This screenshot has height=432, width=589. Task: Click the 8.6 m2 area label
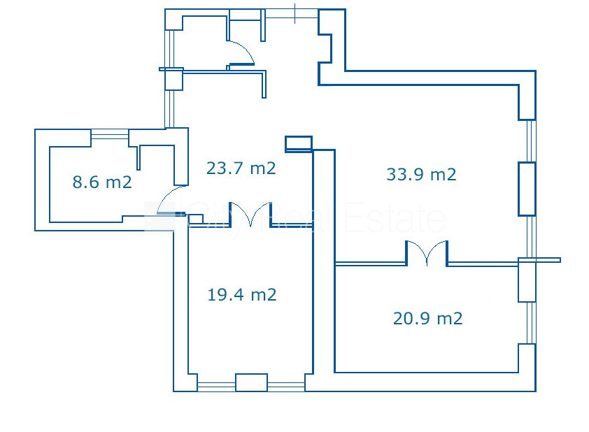(102, 182)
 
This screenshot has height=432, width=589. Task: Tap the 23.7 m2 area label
(241, 168)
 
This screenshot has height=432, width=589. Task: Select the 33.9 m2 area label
(422, 174)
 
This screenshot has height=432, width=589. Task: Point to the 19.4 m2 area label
(242, 294)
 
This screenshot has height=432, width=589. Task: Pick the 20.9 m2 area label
(428, 318)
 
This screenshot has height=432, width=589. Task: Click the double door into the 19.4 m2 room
(250, 215)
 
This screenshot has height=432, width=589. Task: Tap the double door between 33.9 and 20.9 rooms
(427, 253)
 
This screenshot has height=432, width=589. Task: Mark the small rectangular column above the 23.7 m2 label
(299, 144)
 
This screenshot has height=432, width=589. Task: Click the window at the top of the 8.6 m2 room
(110, 134)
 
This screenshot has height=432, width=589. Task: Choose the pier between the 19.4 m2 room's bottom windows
(251, 382)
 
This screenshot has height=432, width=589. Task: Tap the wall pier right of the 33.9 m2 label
(527, 189)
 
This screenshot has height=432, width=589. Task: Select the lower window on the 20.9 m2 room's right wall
(531, 322)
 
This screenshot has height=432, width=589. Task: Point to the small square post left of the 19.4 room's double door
(195, 219)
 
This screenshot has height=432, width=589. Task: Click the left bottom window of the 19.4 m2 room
(216, 387)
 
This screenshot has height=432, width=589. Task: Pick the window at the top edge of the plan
(292, 14)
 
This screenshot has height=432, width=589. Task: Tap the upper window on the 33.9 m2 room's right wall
(531, 141)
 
